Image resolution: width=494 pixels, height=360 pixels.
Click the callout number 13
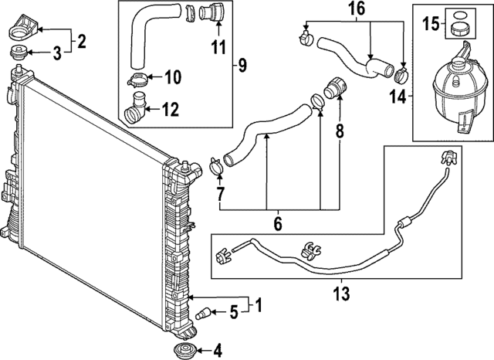340,294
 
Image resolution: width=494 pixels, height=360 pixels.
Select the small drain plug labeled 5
205,314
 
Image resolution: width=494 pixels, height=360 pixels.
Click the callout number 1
259,305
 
